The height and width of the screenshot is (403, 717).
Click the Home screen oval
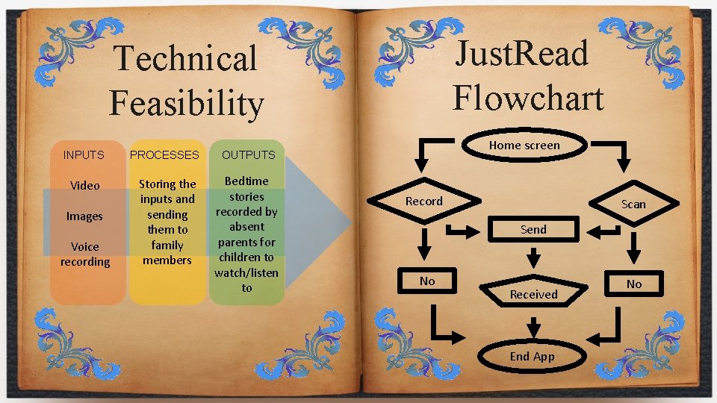point(524,146)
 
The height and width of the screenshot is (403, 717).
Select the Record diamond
point(424,201)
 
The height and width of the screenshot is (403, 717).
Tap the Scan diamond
point(633,204)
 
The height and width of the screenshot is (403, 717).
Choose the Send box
point(533,230)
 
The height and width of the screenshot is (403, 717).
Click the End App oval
point(532,356)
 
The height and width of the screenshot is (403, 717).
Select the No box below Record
point(427,281)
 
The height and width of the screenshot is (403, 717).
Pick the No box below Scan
point(634,284)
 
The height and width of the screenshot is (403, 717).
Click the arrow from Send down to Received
point(533,257)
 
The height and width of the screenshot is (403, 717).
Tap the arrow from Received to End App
point(533,327)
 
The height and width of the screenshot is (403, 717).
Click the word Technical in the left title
point(184,58)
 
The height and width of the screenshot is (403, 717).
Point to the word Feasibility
point(186,103)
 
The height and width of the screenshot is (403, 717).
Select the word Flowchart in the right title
point(528,97)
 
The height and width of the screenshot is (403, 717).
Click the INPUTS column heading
point(84,155)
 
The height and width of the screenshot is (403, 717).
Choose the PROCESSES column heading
point(165,155)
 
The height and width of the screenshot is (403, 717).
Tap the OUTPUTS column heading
point(248,155)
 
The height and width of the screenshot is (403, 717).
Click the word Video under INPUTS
point(84,185)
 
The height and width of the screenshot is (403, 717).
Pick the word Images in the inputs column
point(84,216)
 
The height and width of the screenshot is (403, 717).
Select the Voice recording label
point(85,254)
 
